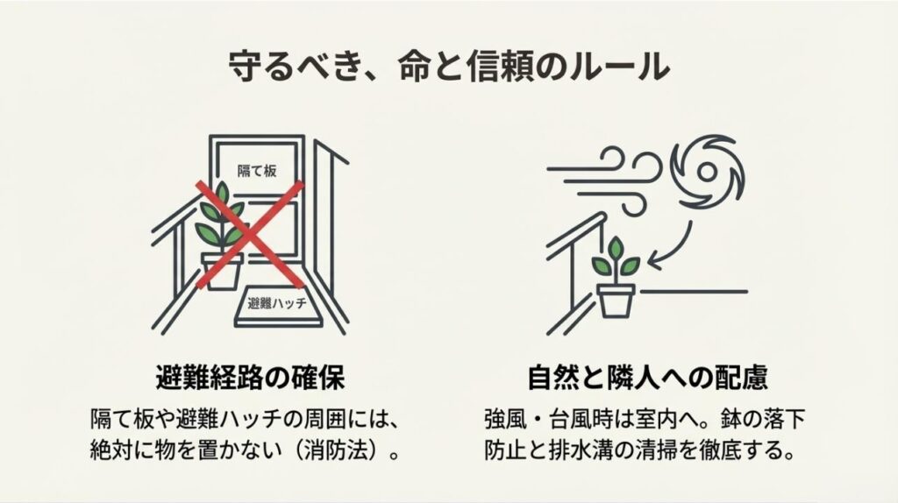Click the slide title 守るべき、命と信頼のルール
pos(448,67)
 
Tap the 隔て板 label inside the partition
pos(257,171)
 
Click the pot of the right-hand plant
pos(616,299)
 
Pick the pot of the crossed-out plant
pos(221,270)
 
